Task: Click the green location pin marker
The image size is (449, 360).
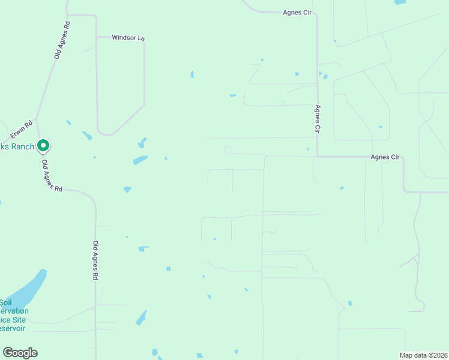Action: pos(43,145)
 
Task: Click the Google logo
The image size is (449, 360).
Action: pos(20,353)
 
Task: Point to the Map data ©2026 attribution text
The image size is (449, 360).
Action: pos(423,355)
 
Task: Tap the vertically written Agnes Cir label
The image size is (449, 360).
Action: pos(318,119)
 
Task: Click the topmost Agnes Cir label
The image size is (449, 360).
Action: pos(298,12)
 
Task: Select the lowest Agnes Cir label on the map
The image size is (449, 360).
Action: pos(385,157)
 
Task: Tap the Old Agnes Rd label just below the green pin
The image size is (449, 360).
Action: pos(52,176)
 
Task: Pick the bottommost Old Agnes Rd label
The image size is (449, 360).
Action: pos(95,261)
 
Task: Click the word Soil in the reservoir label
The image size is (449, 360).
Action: pos(6,302)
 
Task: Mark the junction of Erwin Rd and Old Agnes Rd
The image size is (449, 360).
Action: pos(37,118)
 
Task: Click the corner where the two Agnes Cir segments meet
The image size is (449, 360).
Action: pos(318,157)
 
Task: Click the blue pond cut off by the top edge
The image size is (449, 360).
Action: pos(400,2)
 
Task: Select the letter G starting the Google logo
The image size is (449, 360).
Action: pos(8,353)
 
